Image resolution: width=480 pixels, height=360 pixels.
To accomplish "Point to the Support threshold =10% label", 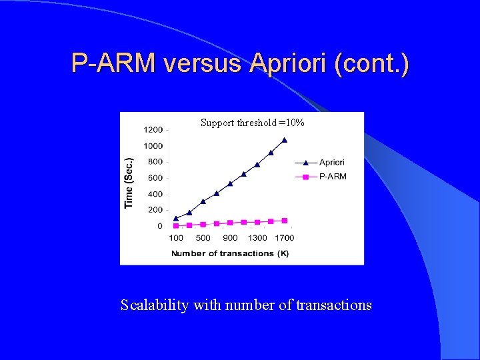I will [x=253, y=123].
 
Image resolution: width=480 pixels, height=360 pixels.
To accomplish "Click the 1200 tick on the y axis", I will [x=153, y=129].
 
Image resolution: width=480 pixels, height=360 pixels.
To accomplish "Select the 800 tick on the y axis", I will [x=155, y=161].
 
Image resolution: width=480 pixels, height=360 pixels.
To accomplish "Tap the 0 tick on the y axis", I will [x=159, y=226].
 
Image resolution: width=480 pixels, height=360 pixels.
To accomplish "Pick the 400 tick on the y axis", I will [x=155, y=194].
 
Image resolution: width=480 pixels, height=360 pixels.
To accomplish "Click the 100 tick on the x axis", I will [x=176, y=238].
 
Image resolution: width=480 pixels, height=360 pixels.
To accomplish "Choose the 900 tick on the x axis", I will [x=230, y=238].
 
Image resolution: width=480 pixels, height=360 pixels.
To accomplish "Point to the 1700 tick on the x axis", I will [x=285, y=238].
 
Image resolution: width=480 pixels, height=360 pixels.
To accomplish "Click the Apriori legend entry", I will [x=331, y=162].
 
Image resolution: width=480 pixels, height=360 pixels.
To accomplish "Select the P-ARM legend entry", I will [x=332, y=177].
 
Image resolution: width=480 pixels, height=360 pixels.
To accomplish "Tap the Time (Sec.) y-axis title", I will [x=129, y=183].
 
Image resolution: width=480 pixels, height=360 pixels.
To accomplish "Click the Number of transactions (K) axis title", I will [x=229, y=253].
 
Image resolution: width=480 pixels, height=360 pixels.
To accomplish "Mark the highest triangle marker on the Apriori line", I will [x=285, y=140].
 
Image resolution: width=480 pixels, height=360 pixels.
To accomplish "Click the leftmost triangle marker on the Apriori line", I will [x=176, y=218].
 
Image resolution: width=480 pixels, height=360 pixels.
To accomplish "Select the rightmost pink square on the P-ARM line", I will [x=285, y=220].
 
